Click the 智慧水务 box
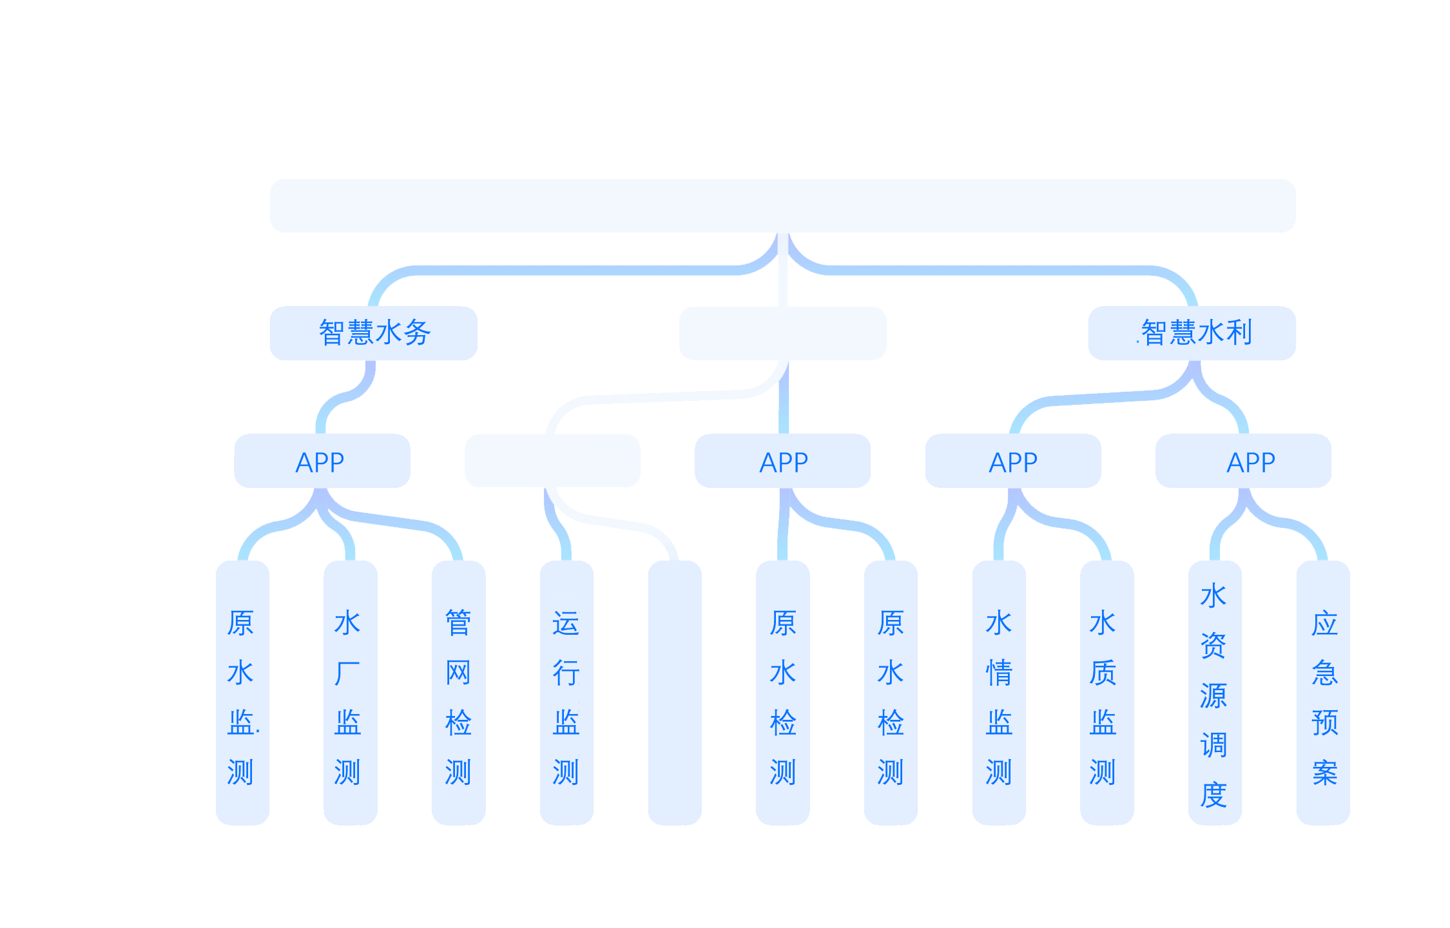(374, 333)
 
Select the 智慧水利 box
(1192, 333)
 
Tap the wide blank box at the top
(782, 206)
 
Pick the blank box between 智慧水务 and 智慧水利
(782, 333)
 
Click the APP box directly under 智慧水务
(322, 461)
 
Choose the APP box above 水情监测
(1012, 461)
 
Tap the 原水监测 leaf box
(242, 693)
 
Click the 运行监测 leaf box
(566, 693)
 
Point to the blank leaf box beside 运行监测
(675, 693)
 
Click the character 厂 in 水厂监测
(347, 673)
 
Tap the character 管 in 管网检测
(458, 623)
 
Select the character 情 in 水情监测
(999, 673)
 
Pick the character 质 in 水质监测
(1103, 673)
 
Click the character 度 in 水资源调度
(1213, 795)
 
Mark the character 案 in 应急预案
(1325, 773)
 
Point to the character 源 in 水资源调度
(1213, 696)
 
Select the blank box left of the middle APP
(552, 461)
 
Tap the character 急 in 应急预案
(1325, 673)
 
